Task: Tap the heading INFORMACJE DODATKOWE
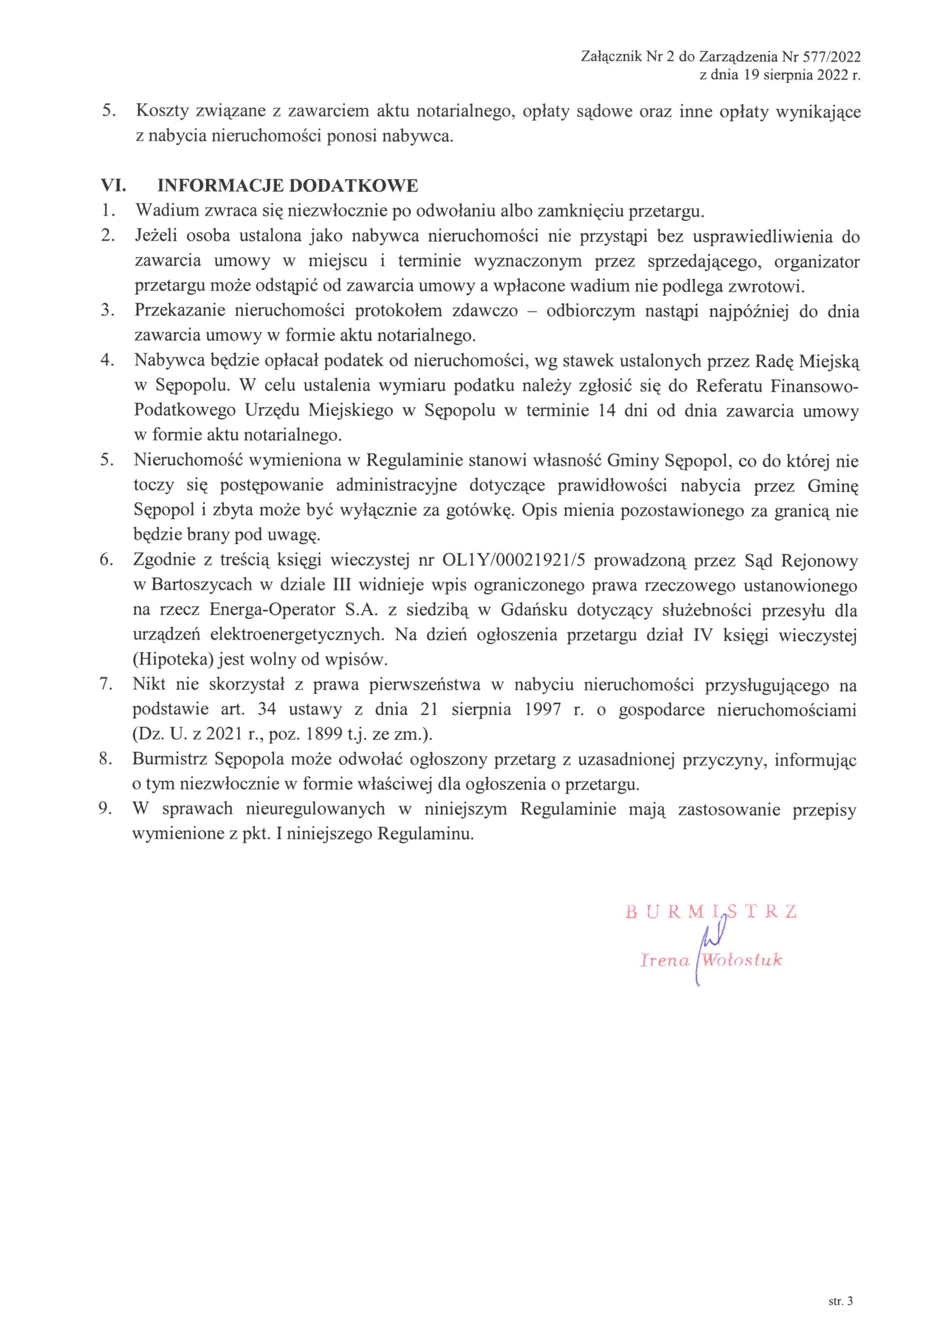pos(288,186)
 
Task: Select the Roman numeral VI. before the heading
pos(114,186)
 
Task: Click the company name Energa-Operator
pos(272,610)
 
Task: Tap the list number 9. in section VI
pos(105,809)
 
